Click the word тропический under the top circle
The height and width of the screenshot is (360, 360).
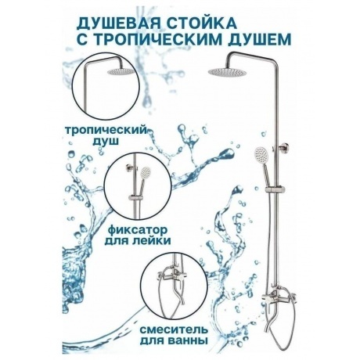pyautogui.click(x=106, y=131)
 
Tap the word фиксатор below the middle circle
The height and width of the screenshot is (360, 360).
pyautogui.click(x=137, y=230)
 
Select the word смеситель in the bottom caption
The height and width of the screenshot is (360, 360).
pyautogui.click(x=173, y=329)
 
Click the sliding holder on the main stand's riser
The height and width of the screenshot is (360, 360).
pyautogui.click(x=275, y=189)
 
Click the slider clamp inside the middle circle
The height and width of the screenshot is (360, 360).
pyautogui.click(x=135, y=197)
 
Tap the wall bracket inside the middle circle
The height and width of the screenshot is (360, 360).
pyautogui.click(x=130, y=167)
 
